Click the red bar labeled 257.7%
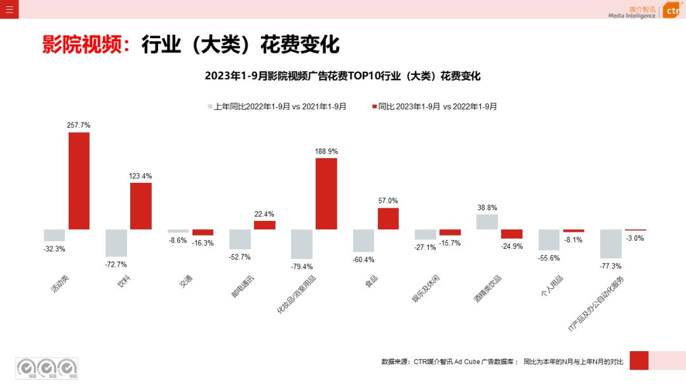pyautogui.click(x=79, y=180)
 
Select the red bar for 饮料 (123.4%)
pyautogui.click(x=141, y=206)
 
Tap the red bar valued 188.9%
pyautogui.click(x=326, y=194)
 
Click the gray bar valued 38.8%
pyautogui.click(x=487, y=222)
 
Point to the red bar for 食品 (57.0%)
pyautogui.click(x=388, y=218)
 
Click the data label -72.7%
pyautogui.click(x=116, y=264)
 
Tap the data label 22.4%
pyautogui.click(x=264, y=214)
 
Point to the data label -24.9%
pyautogui.click(x=512, y=246)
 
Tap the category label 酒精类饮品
pyautogui.click(x=487, y=289)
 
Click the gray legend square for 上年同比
pyautogui.click(x=210, y=107)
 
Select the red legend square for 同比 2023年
pyautogui.click(x=374, y=107)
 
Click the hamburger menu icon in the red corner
pyautogui.click(x=9, y=9)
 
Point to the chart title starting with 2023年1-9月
pyautogui.click(x=342, y=76)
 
